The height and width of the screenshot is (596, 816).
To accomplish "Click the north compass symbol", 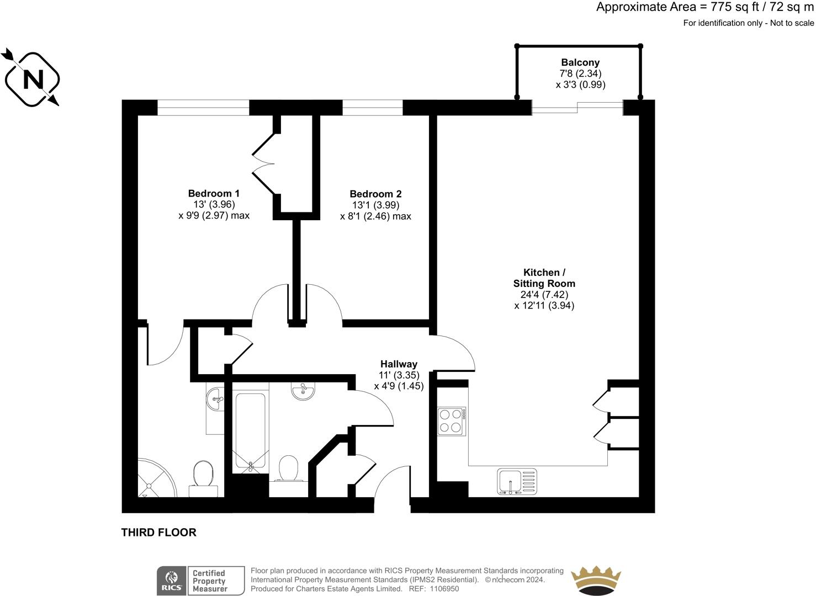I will point(32,78).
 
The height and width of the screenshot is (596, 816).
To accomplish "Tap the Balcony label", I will point(580,63).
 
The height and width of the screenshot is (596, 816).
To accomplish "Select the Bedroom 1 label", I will point(214,194).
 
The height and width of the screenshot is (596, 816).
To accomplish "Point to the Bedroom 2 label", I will point(375,194).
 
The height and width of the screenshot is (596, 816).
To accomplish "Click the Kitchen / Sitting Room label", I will point(544,278).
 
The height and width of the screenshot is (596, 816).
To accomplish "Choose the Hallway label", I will point(399,364).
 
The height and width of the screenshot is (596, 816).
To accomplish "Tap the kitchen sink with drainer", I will point(517,481).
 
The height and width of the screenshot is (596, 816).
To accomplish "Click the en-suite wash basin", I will point(215,398).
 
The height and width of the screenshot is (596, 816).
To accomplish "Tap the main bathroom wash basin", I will point(303,391).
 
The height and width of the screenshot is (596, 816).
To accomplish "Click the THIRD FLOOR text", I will point(159,533).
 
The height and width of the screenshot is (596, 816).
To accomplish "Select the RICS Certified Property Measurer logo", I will point(200,581).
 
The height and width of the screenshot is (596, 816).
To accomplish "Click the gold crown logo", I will point(596,581).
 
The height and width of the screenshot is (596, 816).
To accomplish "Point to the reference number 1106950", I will point(444,589).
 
